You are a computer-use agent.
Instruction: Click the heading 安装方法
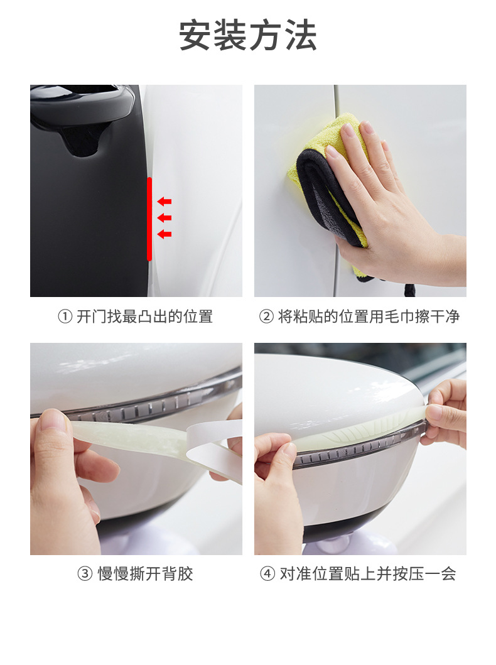tap(248, 36)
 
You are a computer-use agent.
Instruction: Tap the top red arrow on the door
tap(164, 202)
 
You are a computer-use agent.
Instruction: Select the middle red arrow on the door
tap(164, 218)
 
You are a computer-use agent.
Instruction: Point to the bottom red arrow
tap(164, 234)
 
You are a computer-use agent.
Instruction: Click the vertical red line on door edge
tap(149, 219)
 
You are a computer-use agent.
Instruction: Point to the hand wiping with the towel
tap(389, 207)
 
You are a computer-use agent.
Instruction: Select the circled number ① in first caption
tap(65, 317)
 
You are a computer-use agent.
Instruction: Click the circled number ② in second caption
tap(266, 317)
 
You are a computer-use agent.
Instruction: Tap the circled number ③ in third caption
tap(85, 574)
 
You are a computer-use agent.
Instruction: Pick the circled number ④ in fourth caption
tap(267, 574)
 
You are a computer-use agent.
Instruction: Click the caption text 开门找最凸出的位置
tap(144, 317)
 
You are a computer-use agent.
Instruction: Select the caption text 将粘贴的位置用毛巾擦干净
tap(369, 317)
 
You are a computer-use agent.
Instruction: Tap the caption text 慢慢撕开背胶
tap(145, 574)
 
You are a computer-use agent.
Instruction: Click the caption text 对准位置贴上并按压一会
tap(368, 574)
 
